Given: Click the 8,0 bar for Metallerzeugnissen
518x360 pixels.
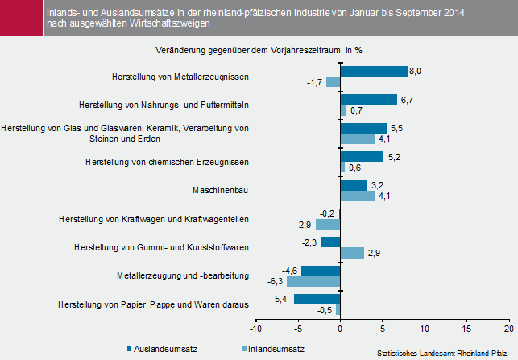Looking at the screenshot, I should [x=374, y=71].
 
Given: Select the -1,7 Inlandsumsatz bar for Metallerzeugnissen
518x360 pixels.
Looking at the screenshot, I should [x=334, y=81].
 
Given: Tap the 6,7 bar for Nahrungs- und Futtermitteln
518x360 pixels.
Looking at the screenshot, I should [x=368, y=100].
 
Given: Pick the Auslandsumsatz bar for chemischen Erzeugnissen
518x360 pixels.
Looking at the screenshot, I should [x=362, y=156].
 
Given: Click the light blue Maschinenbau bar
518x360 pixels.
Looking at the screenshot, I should [x=357, y=196].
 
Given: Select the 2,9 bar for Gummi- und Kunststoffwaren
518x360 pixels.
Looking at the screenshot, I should [x=352, y=253].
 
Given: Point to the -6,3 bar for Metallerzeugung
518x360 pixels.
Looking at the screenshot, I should [x=314, y=282].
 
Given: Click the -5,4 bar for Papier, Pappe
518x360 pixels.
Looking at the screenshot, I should [x=317, y=300].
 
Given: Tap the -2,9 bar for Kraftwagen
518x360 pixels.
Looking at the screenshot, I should [x=328, y=225].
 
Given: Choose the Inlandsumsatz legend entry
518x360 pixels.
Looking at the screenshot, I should [x=274, y=350].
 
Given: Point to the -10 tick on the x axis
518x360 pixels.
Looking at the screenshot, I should [x=255, y=328].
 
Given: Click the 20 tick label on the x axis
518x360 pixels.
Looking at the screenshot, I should [x=508, y=328].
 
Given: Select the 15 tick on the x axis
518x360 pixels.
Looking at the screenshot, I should [x=466, y=328].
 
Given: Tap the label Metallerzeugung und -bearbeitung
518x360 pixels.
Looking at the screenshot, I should [x=182, y=276].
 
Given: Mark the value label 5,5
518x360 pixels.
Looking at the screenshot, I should [x=395, y=128].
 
